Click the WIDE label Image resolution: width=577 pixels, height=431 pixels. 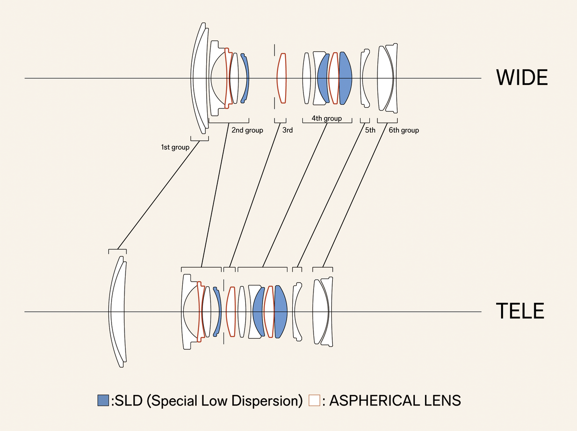pos(522,77)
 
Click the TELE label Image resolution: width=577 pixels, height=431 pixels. pos(520,311)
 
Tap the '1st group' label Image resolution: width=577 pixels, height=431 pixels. pos(175,147)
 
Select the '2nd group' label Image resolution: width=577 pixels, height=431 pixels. pos(247,130)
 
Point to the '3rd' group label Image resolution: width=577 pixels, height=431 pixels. pos(288,130)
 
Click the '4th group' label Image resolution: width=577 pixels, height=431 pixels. pos(326,118)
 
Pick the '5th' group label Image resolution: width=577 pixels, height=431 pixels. pos(370,130)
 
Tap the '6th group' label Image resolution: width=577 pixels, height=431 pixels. pos(404,130)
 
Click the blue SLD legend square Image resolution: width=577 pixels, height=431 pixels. pos(103,400)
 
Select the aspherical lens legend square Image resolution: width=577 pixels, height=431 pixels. pos(314,400)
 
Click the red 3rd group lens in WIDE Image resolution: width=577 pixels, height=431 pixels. pos(281,78)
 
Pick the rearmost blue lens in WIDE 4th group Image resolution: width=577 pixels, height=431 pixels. pos(346,78)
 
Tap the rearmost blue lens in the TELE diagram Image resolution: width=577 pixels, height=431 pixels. pos(281,312)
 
